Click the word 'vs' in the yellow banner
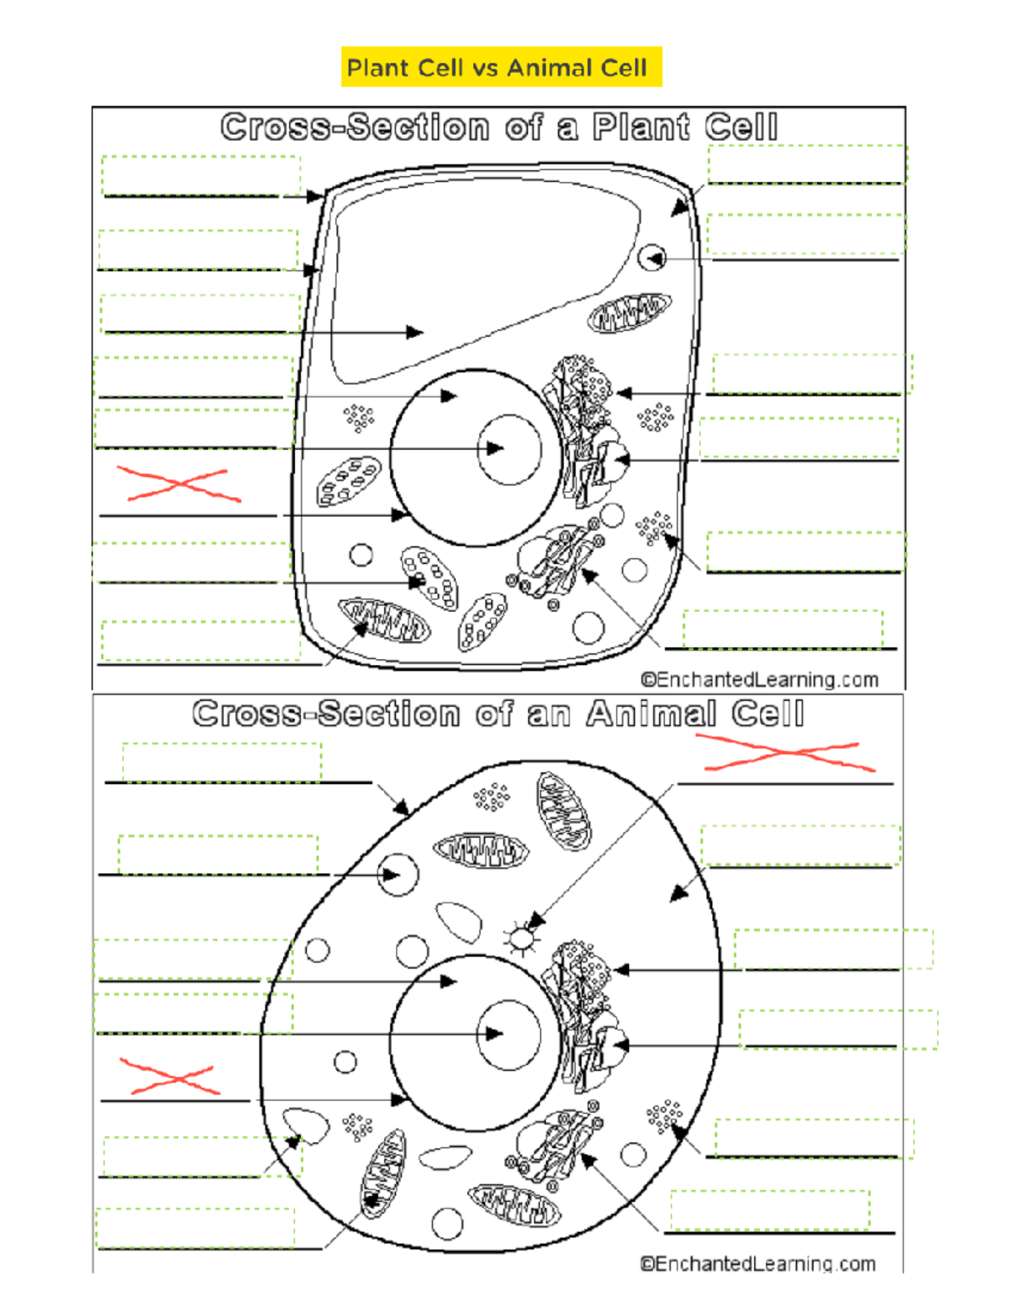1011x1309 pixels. click(487, 68)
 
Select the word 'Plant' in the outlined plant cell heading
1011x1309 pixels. click(641, 127)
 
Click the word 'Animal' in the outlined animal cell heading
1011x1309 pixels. click(652, 714)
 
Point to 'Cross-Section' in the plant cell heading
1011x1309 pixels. click(356, 127)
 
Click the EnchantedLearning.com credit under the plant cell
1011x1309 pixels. click(759, 680)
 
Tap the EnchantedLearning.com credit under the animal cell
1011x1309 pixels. click(758, 1263)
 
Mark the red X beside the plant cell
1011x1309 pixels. click(179, 483)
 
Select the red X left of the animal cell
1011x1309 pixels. click(170, 1076)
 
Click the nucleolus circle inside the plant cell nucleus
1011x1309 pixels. click(510, 449)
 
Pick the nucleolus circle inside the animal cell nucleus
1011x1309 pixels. click(509, 1035)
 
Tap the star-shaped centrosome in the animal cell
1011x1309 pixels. click(522, 938)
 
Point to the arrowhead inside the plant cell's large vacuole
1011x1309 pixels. click(415, 332)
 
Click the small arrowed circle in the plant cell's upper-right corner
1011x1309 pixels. click(651, 258)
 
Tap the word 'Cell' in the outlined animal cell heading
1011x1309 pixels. click(768, 714)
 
